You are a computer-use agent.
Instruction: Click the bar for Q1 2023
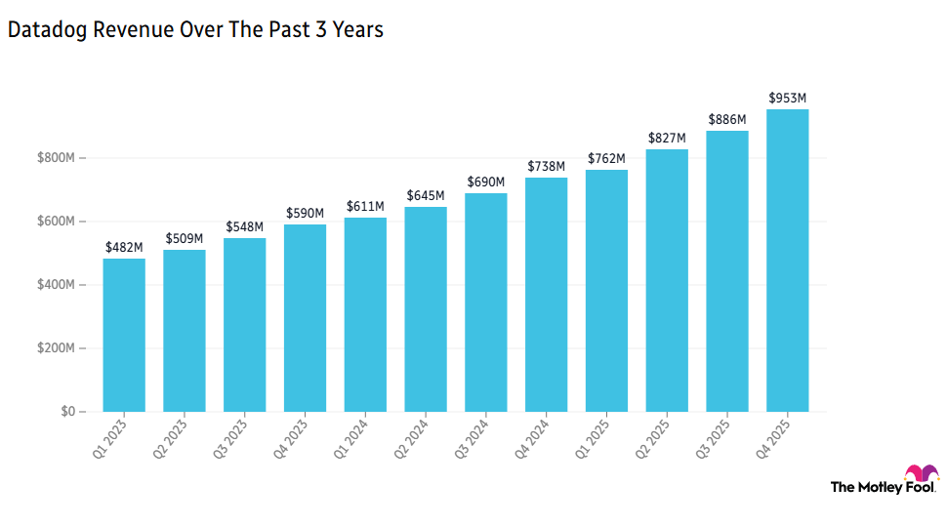(x=124, y=335)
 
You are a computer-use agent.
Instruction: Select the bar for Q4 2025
(x=787, y=261)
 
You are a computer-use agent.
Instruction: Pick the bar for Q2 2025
(x=667, y=280)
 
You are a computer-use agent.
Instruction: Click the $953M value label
(x=787, y=98)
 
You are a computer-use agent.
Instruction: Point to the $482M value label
(x=124, y=247)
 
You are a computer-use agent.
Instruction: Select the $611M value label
(x=365, y=206)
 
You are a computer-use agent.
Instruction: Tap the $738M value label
(x=546, y=166)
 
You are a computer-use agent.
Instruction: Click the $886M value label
(x=726, y=119)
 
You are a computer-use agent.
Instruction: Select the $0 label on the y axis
(x=66, y=412)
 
